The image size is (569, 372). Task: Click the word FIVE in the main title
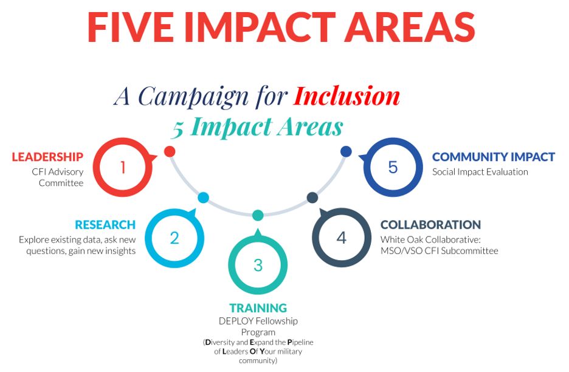click(131, 27)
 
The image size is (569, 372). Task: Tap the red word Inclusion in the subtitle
click(347, 97)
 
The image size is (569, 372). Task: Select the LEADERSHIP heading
click(47, 157)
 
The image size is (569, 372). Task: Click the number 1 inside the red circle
click(123, 167)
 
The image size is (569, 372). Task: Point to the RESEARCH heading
click(105, 225)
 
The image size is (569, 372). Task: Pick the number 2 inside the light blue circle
click(174, 238)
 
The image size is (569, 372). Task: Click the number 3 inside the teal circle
click(258, 265)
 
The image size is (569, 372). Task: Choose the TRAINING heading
click(258, 308)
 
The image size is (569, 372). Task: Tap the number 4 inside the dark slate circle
click(342, 238)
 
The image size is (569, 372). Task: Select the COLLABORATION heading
click(430, 225)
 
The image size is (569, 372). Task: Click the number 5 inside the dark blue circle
click(393, 167)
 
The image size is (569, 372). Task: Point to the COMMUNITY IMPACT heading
click(494, 157)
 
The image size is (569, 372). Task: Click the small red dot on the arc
click(170, 151)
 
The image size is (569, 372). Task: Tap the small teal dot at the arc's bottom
click(258, 215)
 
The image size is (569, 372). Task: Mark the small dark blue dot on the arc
click(346, 151)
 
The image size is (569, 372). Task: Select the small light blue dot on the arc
click(203, 198)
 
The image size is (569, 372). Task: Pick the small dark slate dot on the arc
click(312, 198)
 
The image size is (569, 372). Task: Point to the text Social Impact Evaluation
click(480, 172)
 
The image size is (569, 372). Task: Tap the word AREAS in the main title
click(410, 27)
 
